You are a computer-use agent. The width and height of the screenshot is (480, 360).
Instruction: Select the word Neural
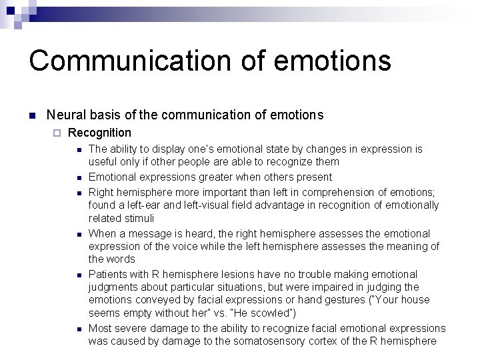[x=66, y=115]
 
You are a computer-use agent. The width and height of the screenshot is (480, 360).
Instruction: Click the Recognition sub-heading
[x=100, y=133]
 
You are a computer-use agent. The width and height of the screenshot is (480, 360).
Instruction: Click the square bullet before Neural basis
[x=31, y=115]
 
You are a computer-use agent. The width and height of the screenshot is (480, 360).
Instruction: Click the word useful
[x=103, y=161]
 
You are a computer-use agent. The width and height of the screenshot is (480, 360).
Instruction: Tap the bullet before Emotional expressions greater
[x=78, y=178]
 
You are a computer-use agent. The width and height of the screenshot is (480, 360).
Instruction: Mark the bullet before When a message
[x=78, y=235]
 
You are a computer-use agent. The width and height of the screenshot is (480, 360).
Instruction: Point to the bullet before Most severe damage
[x=78, y=329]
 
